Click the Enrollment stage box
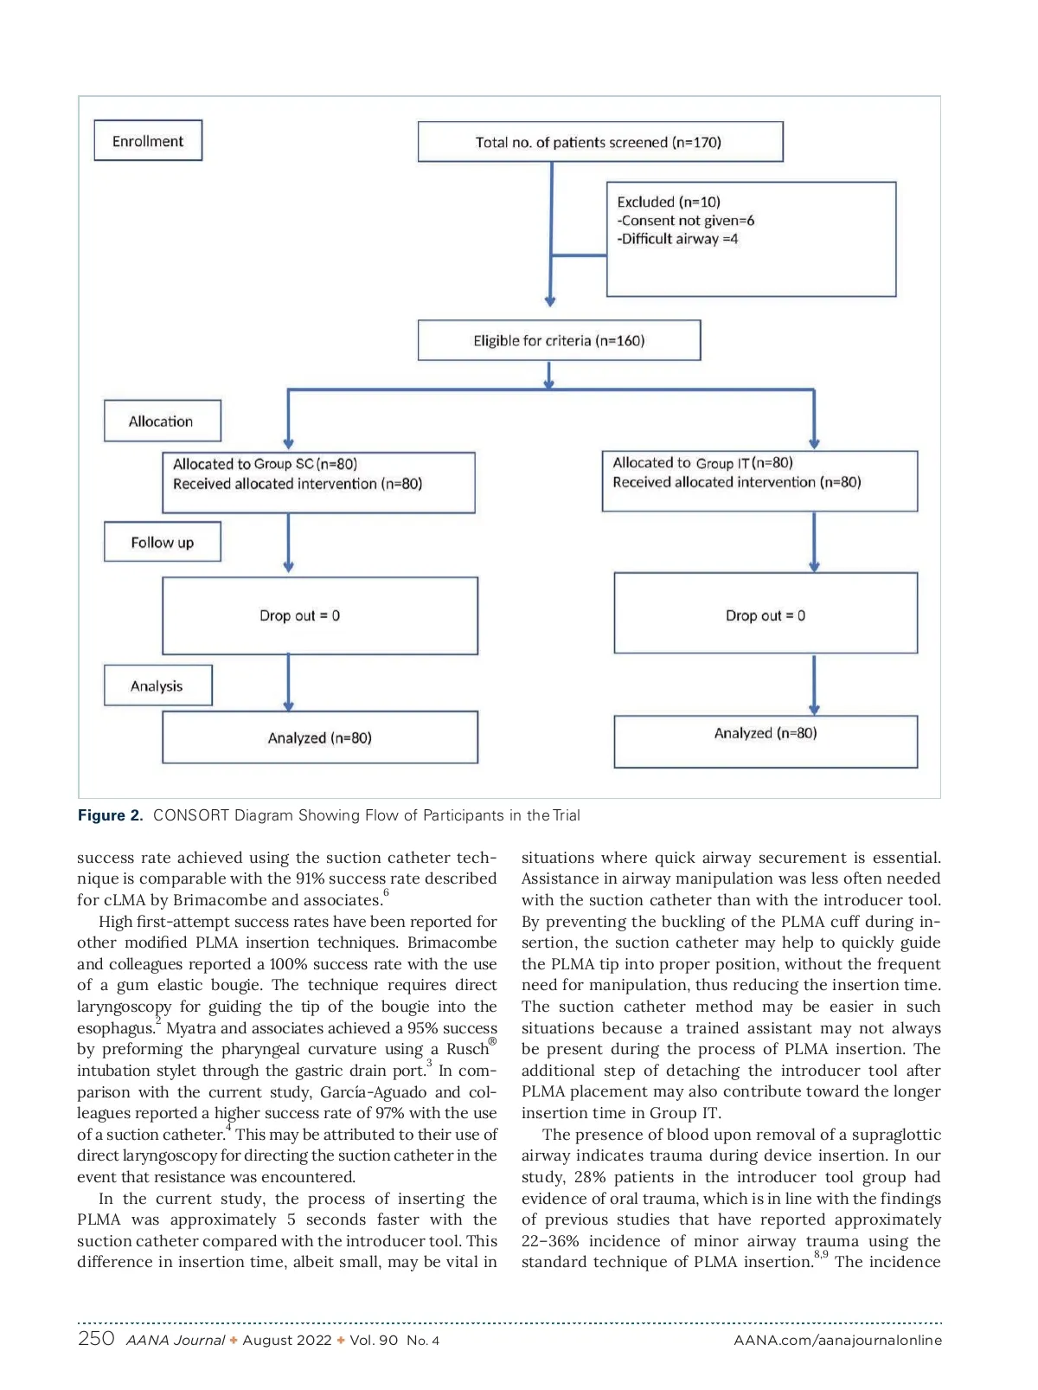coord(148,140)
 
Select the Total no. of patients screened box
coord(599,142)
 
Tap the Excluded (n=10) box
coord(751,239)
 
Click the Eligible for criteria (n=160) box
coord(559,340)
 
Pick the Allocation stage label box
coord(162,421)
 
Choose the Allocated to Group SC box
coord(318,482)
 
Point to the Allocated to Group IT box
coord(759,480)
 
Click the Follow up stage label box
coord(162,542)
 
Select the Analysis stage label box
coord(157,685)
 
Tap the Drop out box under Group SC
coord(319,615)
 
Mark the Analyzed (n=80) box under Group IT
coord(765,741)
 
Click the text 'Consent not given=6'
coord(688,221)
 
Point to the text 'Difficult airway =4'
coord(679,239)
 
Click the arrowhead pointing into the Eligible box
coord(550,300)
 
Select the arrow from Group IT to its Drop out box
coord(814,542)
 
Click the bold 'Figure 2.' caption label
coord(110,815)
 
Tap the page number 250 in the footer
coord(96,1339)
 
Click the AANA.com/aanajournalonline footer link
coord(837,1341)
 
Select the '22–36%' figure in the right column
coord(550,1241)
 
